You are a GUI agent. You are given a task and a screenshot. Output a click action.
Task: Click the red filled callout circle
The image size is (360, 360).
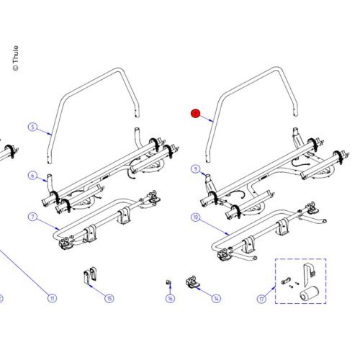click(x=195, y=113)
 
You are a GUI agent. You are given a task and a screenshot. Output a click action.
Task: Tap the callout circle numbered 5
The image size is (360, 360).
click(x=32, y=127)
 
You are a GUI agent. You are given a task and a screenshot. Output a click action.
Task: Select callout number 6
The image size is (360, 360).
click(x=32, y=176)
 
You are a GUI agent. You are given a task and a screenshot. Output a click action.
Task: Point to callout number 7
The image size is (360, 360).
click(x=32, y=217)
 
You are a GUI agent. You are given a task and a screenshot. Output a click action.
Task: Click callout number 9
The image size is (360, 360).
click(x=195, y=169)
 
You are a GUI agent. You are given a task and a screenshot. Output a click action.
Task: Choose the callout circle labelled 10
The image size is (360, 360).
click(x=195, y=217)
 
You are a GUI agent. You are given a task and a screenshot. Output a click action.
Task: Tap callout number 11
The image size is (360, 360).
click(x=51, y=298)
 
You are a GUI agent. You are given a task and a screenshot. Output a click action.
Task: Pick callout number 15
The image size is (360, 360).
click(x=109, y=298)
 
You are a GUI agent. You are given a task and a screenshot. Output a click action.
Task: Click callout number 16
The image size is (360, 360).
click(x=171, y=298)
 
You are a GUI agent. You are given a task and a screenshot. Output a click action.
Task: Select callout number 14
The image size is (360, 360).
click(x=217, y=298)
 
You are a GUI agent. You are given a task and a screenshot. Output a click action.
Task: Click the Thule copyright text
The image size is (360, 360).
click(x=16, y=59)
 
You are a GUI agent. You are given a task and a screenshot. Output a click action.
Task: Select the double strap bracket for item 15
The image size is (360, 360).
click(x=89, y=277)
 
